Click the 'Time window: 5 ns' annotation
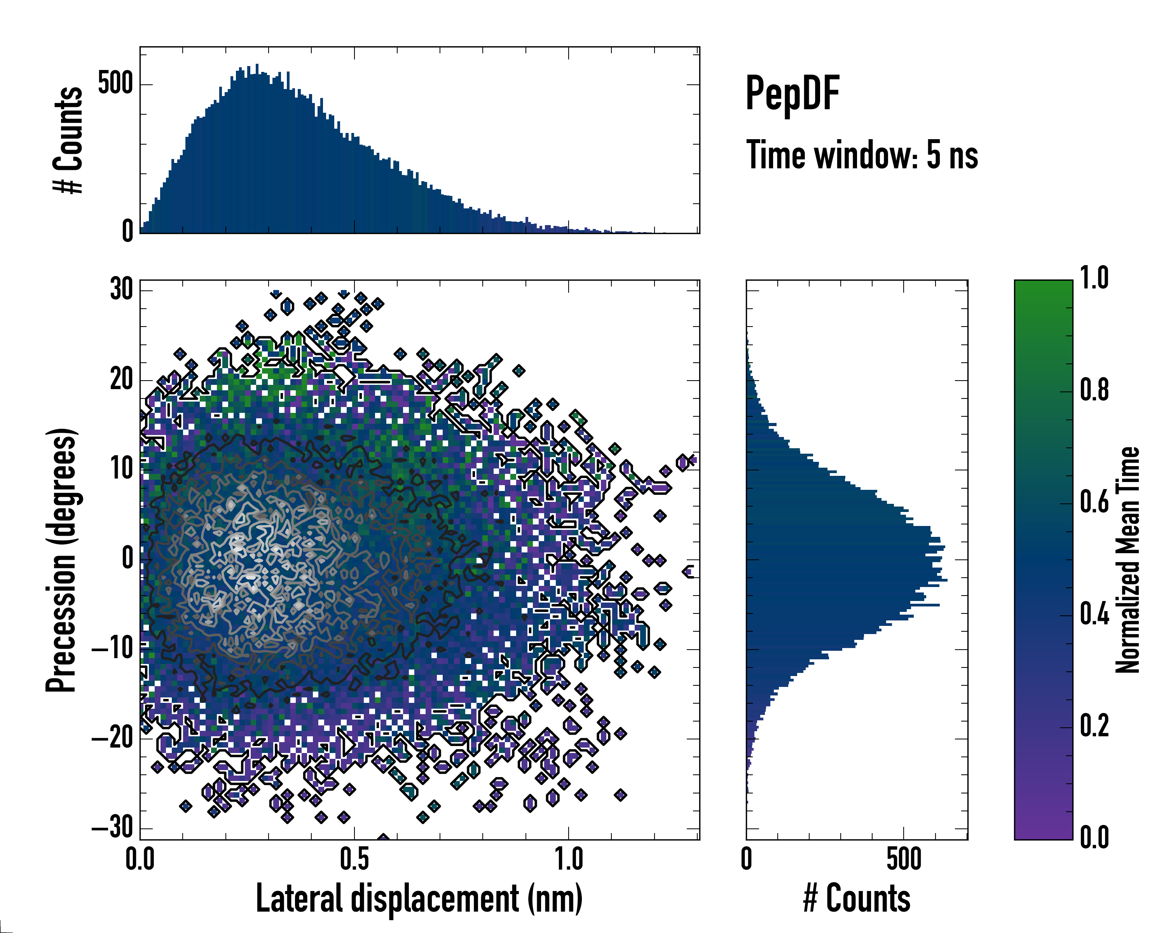pos(862,155)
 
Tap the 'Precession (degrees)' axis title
pos(61,560)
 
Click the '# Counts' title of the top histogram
pos(68,140)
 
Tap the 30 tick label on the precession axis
pos(121,290)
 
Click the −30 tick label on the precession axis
pos(112,828)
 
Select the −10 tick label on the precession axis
pos(112,648)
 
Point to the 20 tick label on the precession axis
pos(121,380)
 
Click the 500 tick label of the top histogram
pos(115,84)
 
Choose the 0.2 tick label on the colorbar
pos(1094,725)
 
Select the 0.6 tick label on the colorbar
pos(1094,502)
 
